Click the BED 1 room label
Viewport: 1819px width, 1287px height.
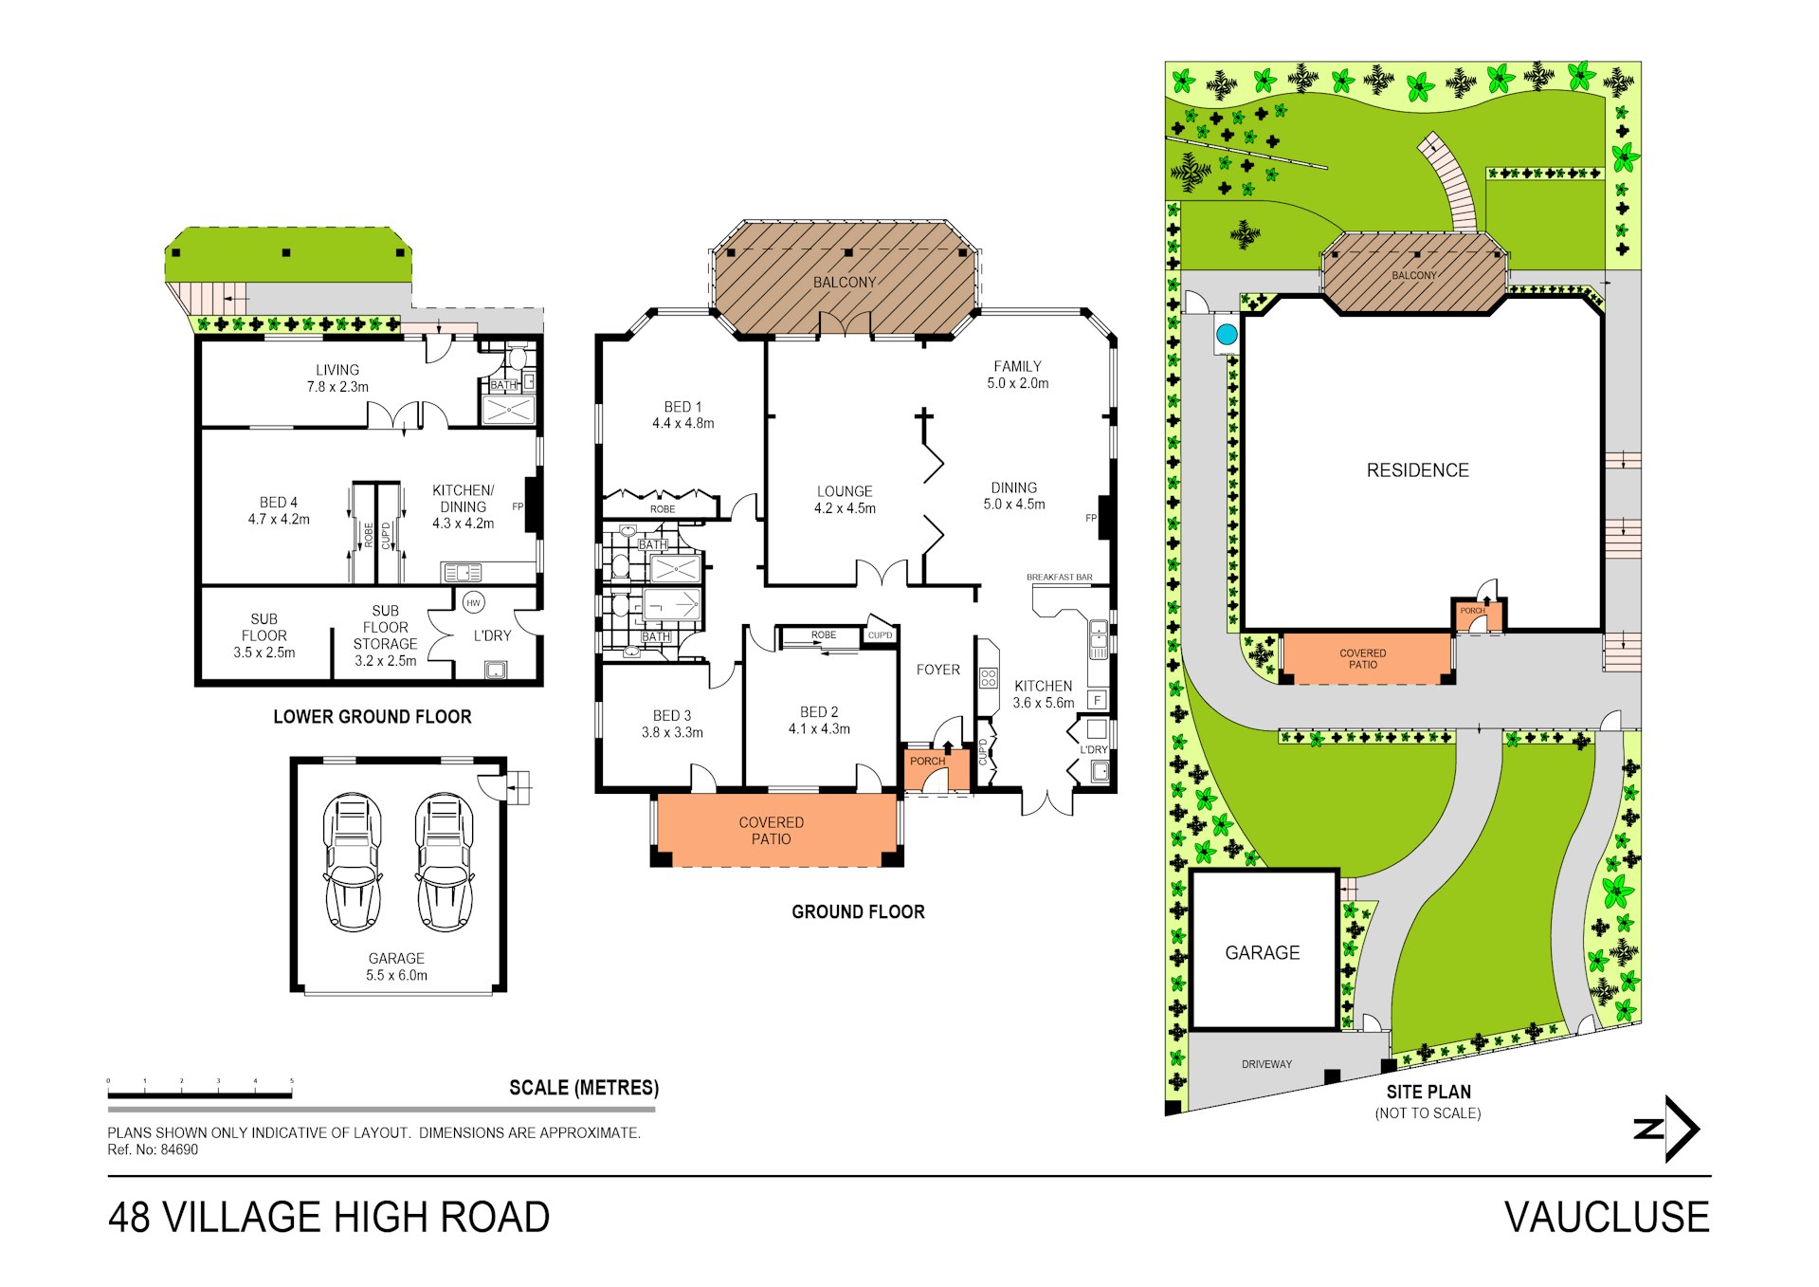point(682,414)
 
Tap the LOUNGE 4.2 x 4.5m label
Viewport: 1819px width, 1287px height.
point(845,500)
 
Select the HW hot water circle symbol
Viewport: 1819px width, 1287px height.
point(473,602)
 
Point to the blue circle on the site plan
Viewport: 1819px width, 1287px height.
point(1227,334)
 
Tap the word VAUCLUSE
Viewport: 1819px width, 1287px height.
point(1607,1218)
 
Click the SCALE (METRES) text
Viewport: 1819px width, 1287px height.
point(584,1088)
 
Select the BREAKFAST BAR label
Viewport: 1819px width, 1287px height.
point(1059,577)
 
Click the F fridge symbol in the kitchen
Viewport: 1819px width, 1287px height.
point(1097,700)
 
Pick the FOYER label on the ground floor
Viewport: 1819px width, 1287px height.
point(937,670)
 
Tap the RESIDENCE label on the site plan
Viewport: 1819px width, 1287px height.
point(1417,470)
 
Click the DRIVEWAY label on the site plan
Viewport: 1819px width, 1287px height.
point(1266,1064)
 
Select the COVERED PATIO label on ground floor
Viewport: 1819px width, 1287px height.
point(771,830)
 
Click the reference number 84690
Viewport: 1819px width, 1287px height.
point(179,1149)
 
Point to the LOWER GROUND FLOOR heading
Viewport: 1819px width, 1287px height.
point(372,717)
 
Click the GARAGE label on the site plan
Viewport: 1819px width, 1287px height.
point(1262,952)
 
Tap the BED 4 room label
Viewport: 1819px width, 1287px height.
point(279,510)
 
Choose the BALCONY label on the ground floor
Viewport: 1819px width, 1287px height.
point(844,283)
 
